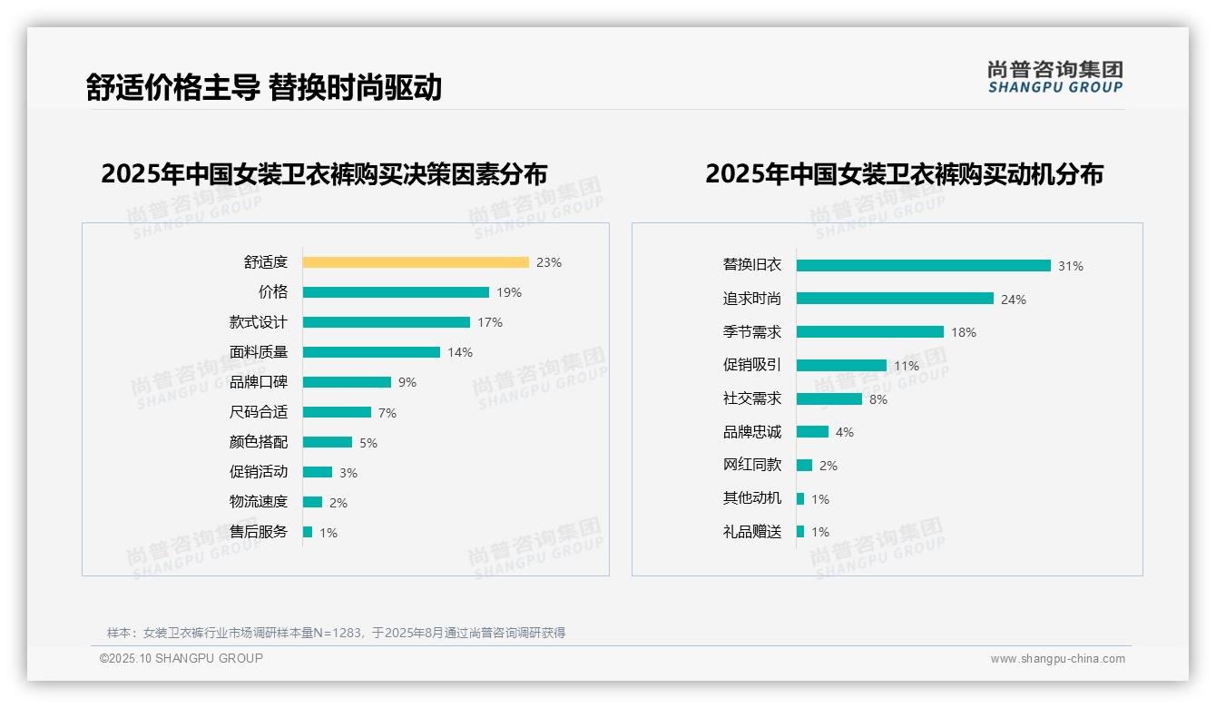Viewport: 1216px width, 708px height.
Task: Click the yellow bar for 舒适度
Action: pos(415,262)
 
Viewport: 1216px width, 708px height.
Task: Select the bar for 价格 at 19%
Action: pos(396,292)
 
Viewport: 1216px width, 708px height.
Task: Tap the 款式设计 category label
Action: pos(258,322)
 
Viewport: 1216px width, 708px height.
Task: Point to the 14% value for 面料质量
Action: pos(460,352)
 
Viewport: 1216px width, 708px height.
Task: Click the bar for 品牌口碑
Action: pos(347,382)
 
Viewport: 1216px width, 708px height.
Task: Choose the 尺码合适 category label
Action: pos(258,412)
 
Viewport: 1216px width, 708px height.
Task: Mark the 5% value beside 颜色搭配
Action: pos(368,443)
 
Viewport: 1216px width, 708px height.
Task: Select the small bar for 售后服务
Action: pos(308,532)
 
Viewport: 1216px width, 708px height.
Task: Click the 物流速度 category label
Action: pos(258,502)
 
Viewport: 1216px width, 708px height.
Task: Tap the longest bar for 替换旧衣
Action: pos(923,266)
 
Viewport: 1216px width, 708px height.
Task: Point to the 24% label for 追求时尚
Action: pos(1013,300)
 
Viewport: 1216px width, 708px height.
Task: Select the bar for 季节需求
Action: pos(869,332)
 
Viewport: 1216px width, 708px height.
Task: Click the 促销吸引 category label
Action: pos(751,365)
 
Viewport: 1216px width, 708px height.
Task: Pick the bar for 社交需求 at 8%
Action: pos(829,398)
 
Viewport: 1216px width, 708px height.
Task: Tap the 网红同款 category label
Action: pos(751,465)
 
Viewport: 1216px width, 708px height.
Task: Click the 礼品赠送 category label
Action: pos(751,532)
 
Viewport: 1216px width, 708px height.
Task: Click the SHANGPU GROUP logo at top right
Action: pos(1054,77)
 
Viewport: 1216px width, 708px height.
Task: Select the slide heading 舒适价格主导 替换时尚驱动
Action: pos(263,87)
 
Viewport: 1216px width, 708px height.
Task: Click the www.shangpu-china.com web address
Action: pos(1057,659)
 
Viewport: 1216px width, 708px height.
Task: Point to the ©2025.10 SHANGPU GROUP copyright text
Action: pos(181,658)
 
